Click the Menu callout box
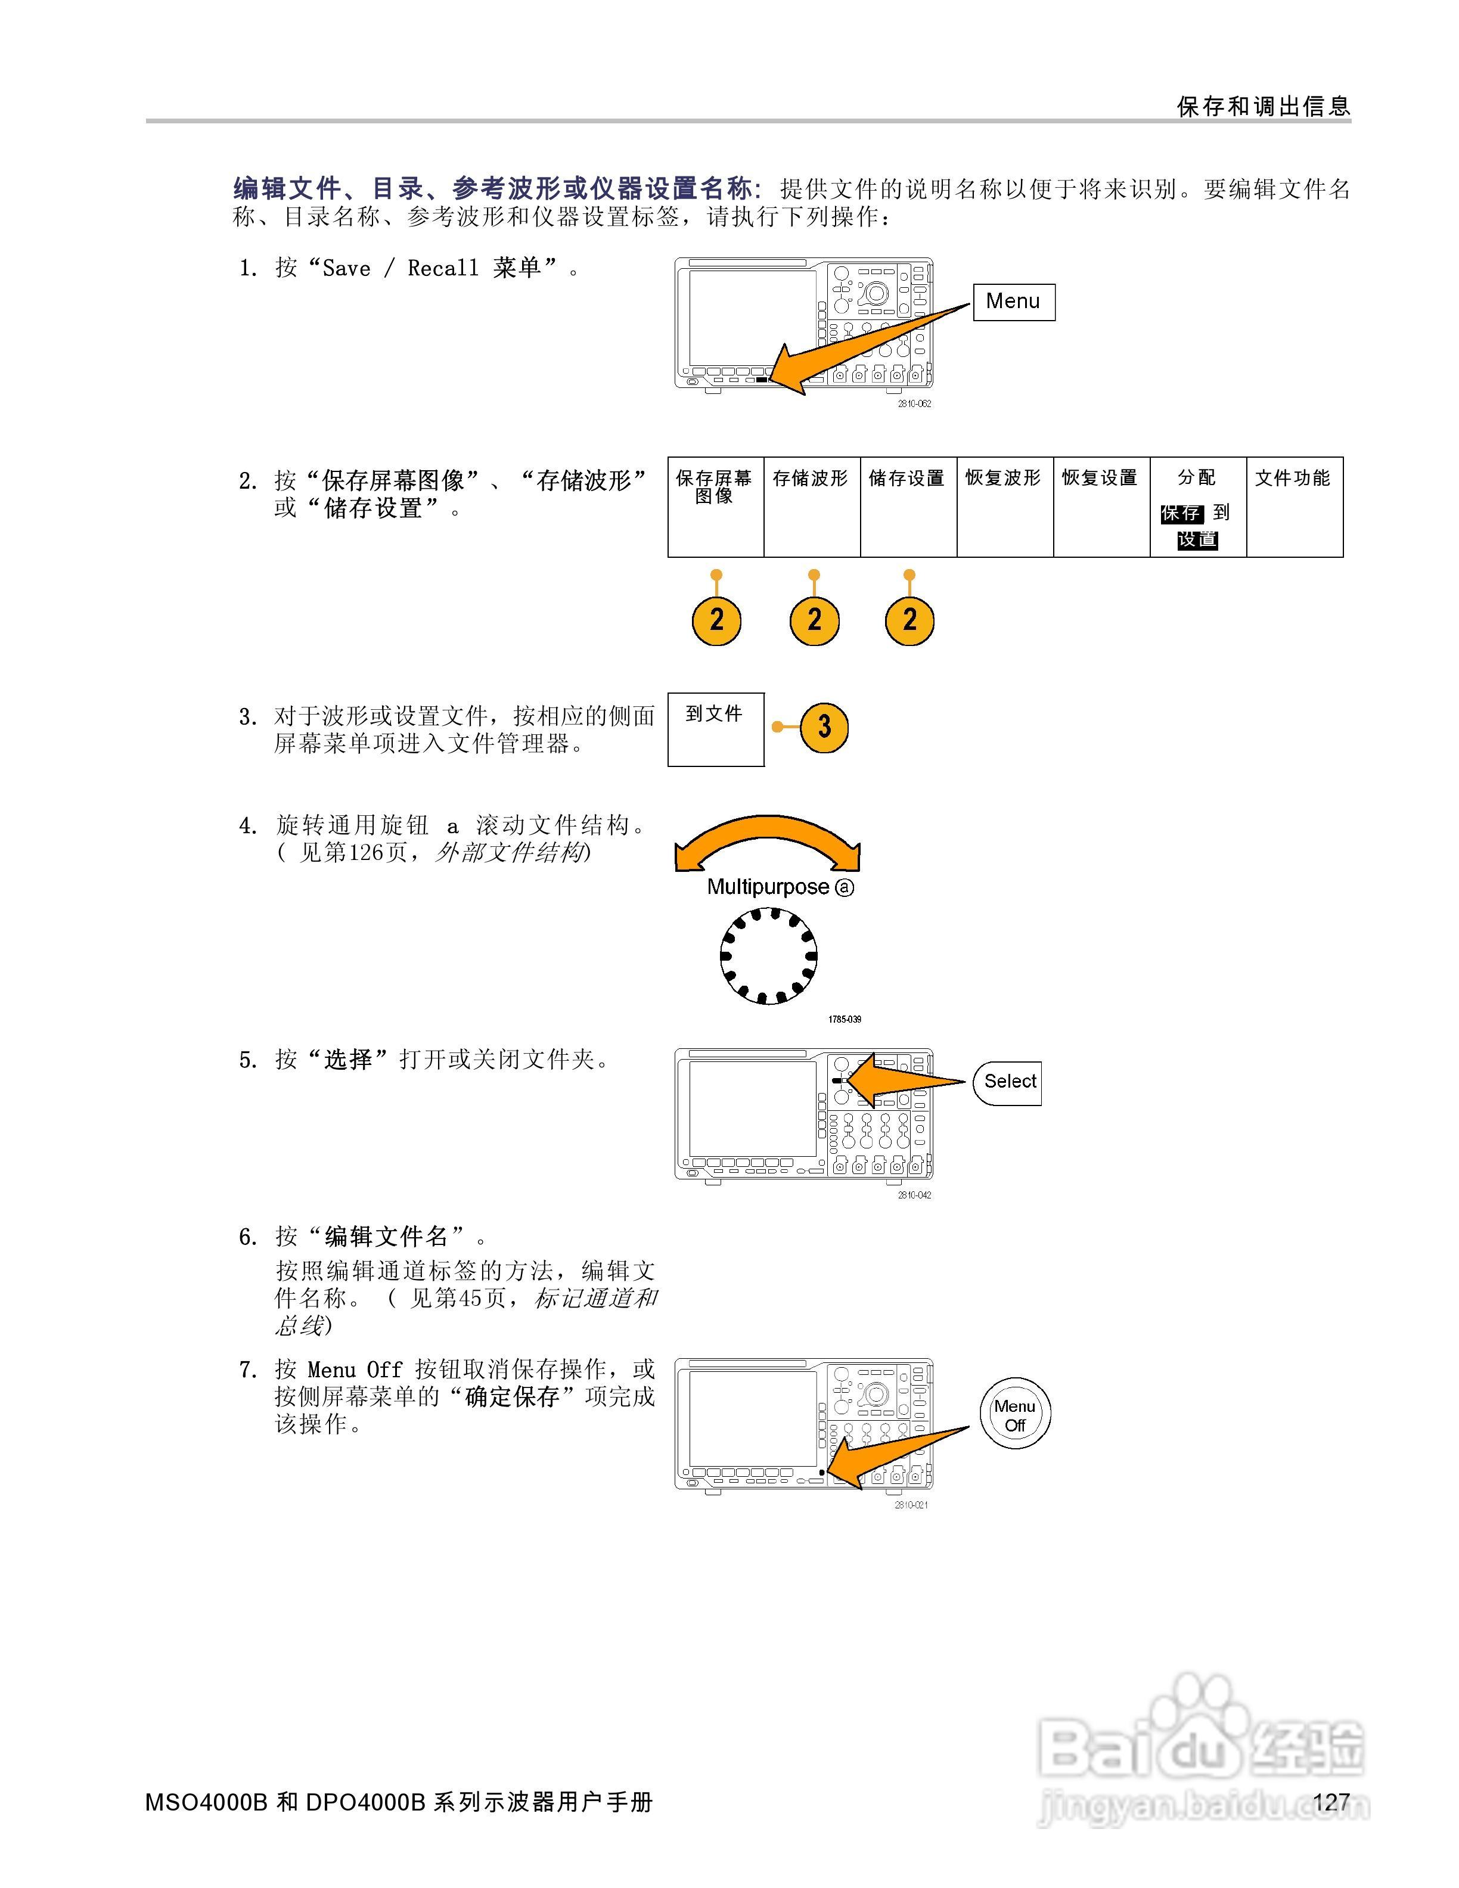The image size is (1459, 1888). pyautogui.click(x=1013, y=302)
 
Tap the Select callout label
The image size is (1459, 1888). pyautogui.click(x=1008, y=1082)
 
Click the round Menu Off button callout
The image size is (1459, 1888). pyautogui.click(x=1015, y=1414)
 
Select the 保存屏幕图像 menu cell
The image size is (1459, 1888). pyautogui.click(x=715, y=507)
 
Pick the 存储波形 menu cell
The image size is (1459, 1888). pyautogui.click(x=811, y=507)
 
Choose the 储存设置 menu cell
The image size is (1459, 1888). pyautogui.click(x=908, y=507)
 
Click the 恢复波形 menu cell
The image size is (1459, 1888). pyautogui.click(x=1004, y=507)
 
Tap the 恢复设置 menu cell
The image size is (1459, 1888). pyautogui.click(x=1100, y=507)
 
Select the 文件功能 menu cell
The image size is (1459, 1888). pyautogui.click(x=1294, y=507)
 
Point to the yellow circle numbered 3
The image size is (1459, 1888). pyautogui.click(x=824, y=727)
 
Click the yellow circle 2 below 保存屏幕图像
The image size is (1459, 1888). pyautogui.click(x=716, y=620)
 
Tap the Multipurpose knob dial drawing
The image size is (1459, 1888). pyautogui.click(x=768, y=955)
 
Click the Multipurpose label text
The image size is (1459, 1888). pyautogui.click(x=768, y=887)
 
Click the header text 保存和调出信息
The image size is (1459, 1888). pyautogui.click(x=1263, y=106)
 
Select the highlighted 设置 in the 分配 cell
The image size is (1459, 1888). pyautogui.click(x=1197, y=539)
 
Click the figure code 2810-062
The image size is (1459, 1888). pyautogui.click(x=914, y=403)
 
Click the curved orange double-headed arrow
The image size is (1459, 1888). pyautogui.click(x=768, y=839)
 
